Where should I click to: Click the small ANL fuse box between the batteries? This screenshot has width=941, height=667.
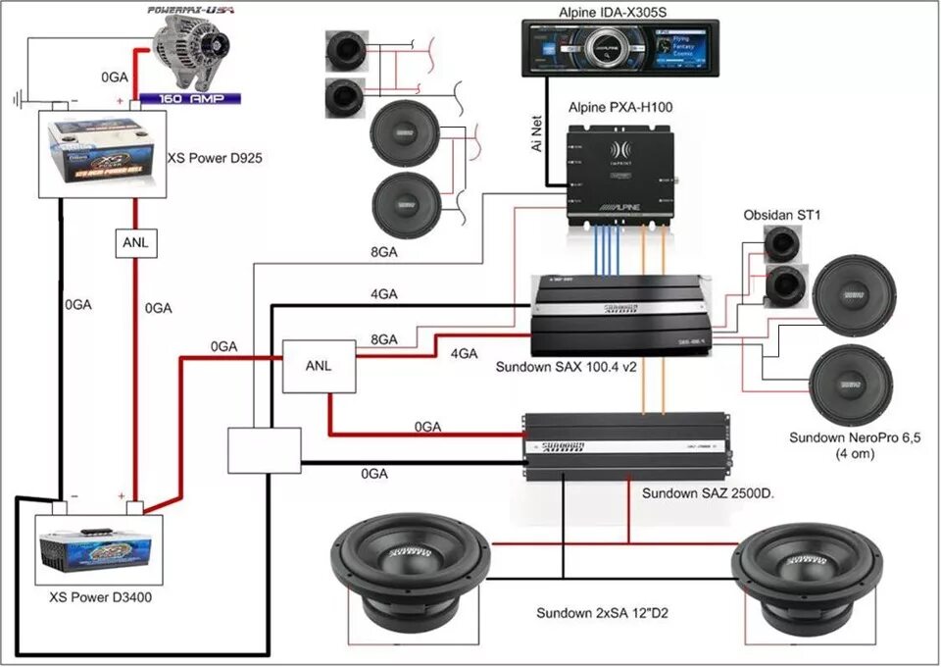click(136, 243)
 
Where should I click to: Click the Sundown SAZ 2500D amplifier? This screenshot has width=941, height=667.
click(624, 445)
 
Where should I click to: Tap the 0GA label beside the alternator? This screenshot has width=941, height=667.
click(115, 76)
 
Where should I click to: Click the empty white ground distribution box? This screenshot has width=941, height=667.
click(264, 450)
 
